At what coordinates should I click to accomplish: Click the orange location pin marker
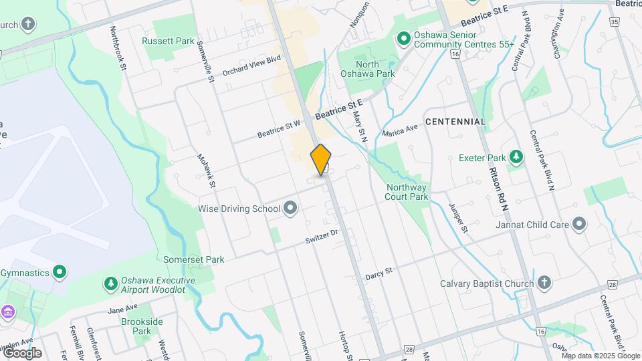[x=321, y=160]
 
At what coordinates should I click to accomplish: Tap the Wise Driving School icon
[x=290, y=209]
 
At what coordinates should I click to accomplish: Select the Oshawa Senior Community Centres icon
[x=404, y=39]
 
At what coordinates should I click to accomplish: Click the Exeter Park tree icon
[x=516, y=158]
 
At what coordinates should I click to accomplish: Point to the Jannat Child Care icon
[x=579, y=225]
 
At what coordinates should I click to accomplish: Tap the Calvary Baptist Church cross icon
[x=544, y=283]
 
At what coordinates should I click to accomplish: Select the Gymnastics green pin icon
[x=60, y=273]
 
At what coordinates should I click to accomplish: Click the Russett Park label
[x=168, y=41]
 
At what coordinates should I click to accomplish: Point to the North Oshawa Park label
[x=367, y=69]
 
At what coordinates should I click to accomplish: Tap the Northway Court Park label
[x=406, y=193]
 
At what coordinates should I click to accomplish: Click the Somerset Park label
[x=194, y=259]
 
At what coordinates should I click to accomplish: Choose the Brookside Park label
[x=142, y=326]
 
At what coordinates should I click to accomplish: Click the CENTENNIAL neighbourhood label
[x=455, y=122]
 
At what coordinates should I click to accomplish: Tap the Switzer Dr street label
[x=323, y=237]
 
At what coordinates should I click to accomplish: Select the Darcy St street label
[x=379, y=275]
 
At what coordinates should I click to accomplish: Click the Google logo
[x=22, y=353]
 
